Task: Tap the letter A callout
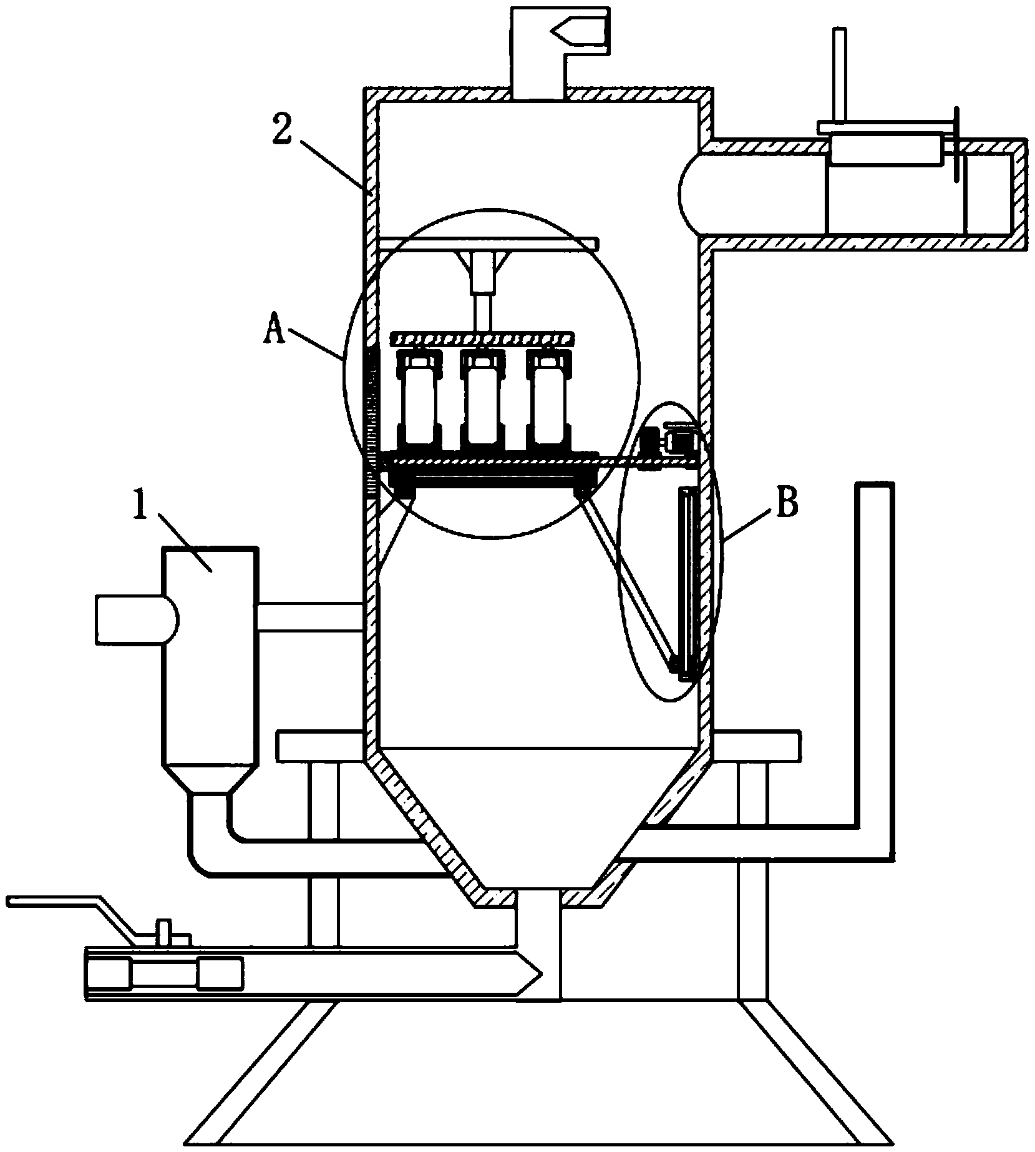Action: click(274, 328)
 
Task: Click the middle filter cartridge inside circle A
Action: click(482, 400)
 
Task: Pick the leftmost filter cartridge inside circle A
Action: click(417, 400)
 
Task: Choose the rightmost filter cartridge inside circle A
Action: click(548, 400)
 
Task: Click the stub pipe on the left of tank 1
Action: click(128, 619)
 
